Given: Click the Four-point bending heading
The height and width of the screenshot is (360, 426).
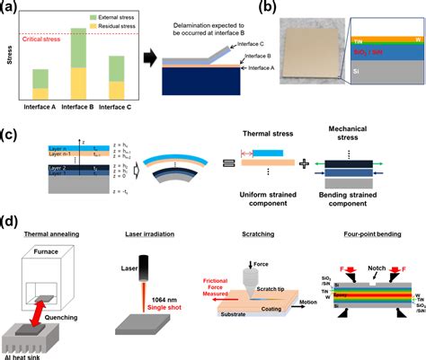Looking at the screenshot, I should [365, 232].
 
